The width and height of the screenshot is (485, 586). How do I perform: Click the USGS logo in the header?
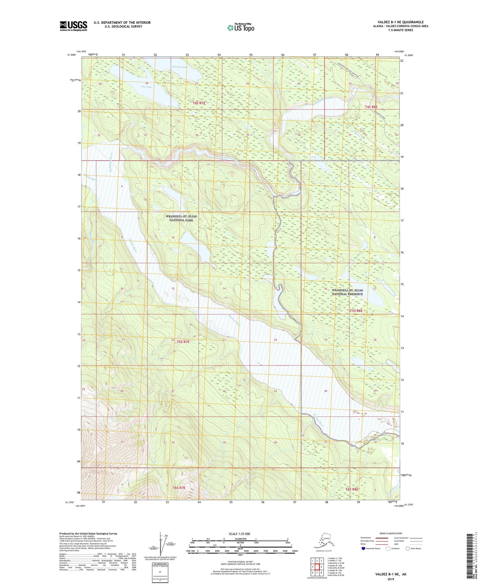coord(73,26)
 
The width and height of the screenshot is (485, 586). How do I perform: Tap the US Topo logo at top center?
coord(240,28)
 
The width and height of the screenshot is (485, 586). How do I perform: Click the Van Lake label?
coord(147,87)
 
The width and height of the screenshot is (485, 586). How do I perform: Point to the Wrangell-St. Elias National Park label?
coord(181,218)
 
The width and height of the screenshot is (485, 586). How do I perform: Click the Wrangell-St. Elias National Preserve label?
coord(347,292)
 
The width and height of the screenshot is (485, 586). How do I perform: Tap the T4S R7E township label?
coord(199,103)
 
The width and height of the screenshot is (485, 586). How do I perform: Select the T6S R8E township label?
coord(352,489)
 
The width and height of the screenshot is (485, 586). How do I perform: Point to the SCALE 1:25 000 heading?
coord(239,534)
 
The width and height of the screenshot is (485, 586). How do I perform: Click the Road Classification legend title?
coord(391,533)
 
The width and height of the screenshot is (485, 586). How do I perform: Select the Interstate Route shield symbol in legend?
coord(364,548)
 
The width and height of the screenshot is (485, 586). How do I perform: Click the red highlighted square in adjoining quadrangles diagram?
coord(317,567)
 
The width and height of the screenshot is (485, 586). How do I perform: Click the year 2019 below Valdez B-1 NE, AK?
coord(391,579)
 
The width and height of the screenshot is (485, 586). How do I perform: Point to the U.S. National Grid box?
coord(160,572)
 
